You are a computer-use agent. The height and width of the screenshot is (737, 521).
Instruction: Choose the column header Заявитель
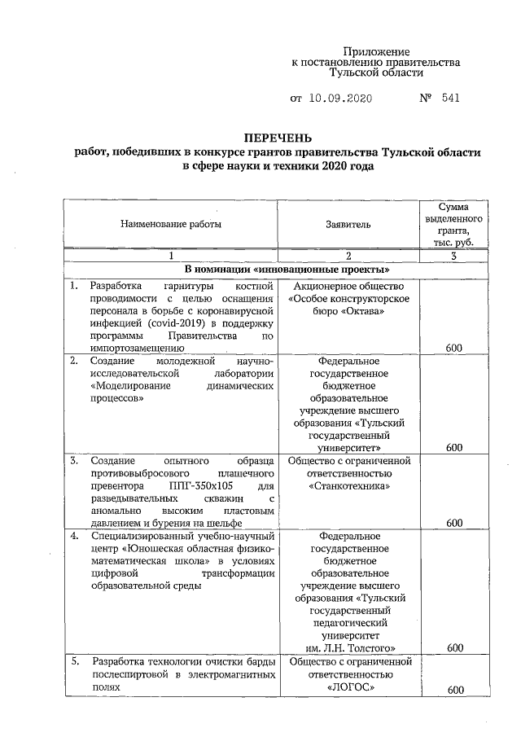click(x=348, y=222)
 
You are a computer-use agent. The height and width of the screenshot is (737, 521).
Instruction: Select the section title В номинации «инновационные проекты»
click(x=277, y=270)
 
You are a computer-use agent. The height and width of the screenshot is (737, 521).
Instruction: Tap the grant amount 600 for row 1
click(x=454, y=348)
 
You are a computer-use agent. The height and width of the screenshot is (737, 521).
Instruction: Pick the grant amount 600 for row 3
click(x=454, y=522)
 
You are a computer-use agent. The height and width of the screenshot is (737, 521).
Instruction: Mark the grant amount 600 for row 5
click(x=454, y=691)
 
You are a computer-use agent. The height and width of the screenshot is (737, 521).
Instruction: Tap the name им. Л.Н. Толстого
click(x=348, y=647)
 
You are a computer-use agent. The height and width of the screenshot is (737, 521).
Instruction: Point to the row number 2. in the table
click(x=74, y=360)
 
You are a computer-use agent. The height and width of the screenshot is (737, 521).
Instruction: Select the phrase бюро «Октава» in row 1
click(x=348, y=312)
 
